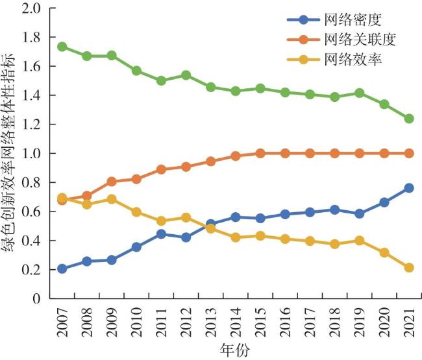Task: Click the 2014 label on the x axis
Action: point(236,322)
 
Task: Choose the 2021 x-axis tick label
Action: point(409,322)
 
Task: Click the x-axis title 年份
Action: point(234,351)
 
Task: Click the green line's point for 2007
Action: point(62,47)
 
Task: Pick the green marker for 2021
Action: point(409,119)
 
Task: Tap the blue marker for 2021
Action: point(409,188)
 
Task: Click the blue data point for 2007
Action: point(62,269)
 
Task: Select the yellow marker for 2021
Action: point(409,267)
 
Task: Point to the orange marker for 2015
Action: point(260,154)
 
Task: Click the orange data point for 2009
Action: point(112,182)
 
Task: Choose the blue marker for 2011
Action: point(161,234)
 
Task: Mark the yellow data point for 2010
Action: point(136,212)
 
